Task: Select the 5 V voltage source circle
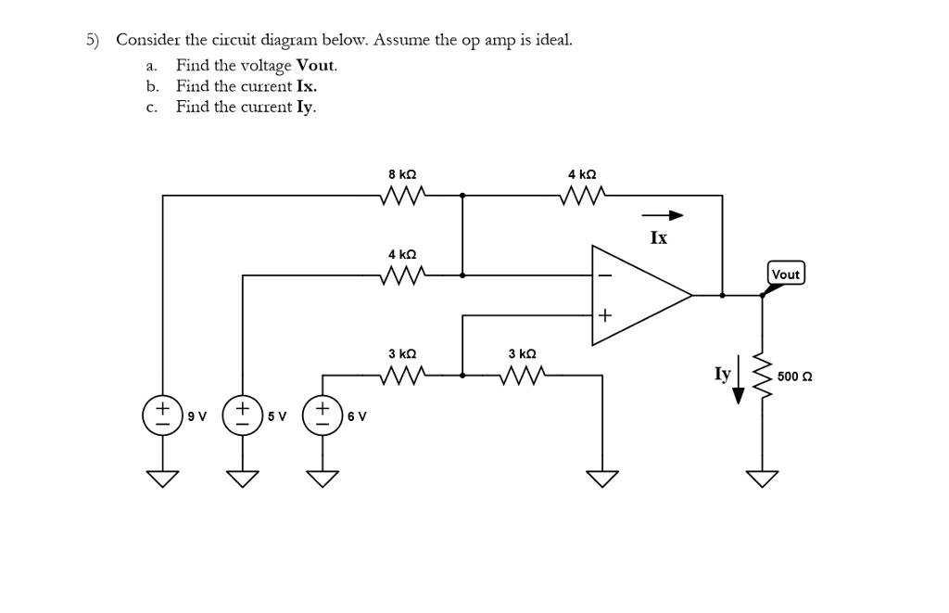243,415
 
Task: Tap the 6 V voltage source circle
323,415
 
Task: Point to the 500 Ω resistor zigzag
763,375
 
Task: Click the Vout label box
786,274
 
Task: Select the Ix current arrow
664,216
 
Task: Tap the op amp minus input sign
604,275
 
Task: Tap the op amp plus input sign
604,316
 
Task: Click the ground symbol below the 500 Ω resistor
763,479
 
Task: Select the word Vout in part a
316,66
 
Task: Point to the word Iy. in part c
306,107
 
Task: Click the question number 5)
94,40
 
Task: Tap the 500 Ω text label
794,377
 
